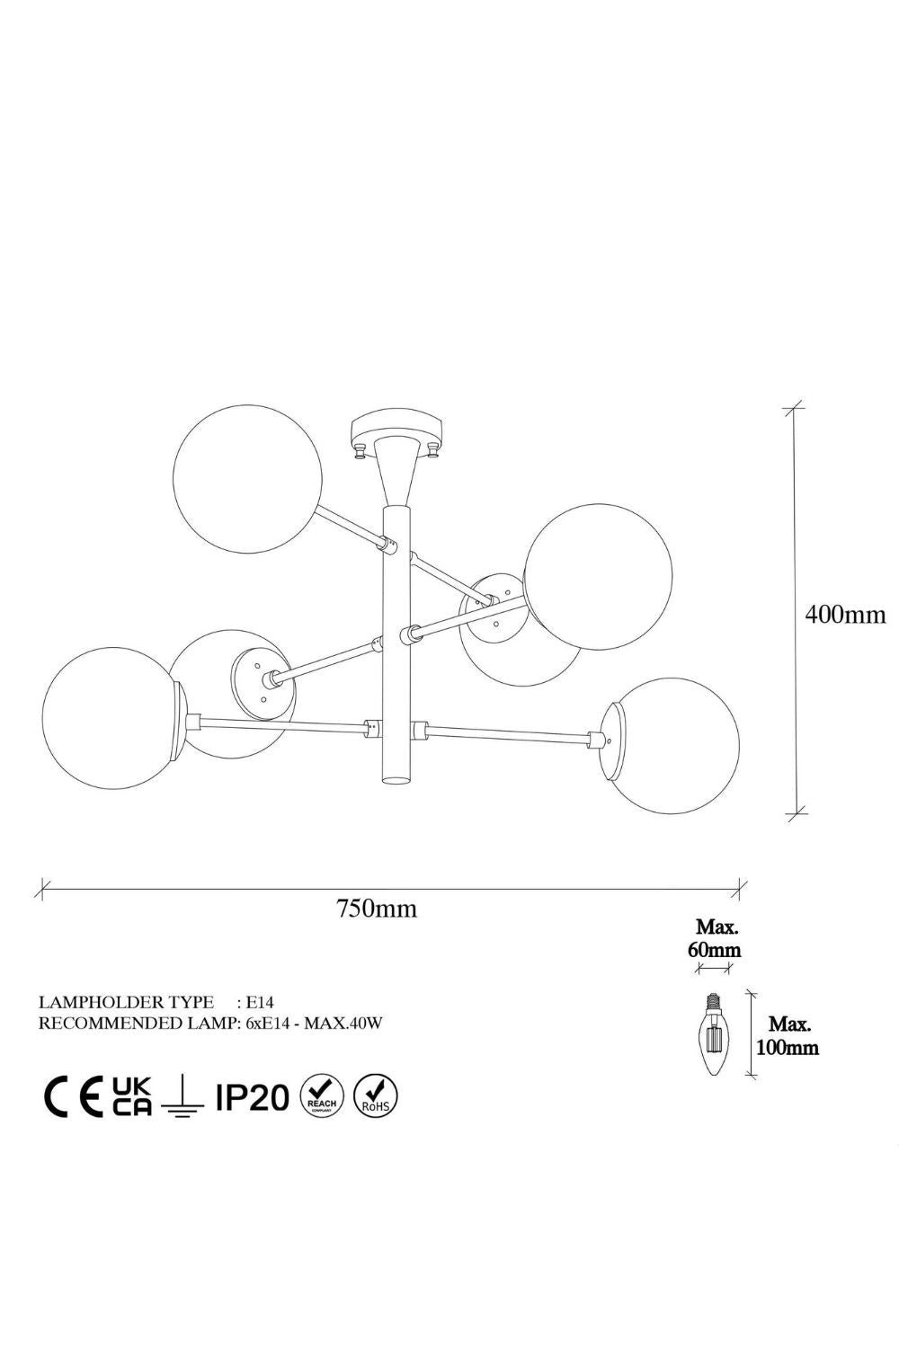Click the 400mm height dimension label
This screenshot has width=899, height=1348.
pyautogui.click(x=845, y=615)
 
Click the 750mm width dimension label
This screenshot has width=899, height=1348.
pyautogui.click(x=377, y=908)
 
